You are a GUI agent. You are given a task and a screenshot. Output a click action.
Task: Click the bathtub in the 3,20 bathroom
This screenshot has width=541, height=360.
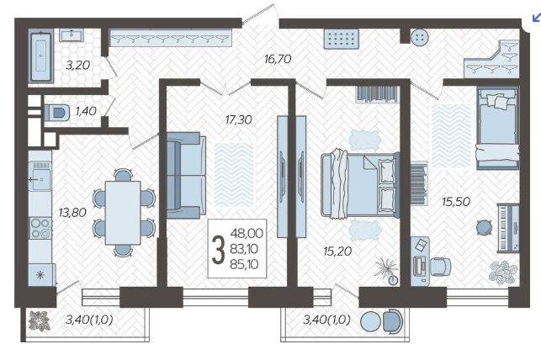tap(41, 57)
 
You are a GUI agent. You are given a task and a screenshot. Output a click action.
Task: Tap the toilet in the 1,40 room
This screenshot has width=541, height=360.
tap(56, 112)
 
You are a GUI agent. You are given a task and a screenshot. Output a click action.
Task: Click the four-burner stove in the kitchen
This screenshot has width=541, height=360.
tap(40, 228)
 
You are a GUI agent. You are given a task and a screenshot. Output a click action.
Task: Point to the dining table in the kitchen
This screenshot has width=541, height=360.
tap(123, 213)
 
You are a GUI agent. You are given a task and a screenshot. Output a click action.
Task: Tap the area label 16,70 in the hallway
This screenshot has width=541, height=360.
tap(278, 59)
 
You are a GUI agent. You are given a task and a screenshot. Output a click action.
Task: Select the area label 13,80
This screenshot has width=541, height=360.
tap(72, 213)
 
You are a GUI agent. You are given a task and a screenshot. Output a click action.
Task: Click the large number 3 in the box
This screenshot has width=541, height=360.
tap(218, 250)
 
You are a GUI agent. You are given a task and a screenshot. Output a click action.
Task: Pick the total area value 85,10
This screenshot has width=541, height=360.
tap(244, 264)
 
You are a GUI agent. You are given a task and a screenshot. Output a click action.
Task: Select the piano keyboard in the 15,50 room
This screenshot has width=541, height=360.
tap(508, 228)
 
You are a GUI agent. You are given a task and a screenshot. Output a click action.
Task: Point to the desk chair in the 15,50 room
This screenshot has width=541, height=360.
tap(440, 266)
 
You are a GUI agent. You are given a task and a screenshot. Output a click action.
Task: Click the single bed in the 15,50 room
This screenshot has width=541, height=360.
tap(497, 128)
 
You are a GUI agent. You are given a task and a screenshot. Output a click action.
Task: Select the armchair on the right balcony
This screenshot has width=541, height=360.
tap(392, 321)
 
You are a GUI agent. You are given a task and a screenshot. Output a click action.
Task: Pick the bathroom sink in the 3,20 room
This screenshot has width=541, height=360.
tap(72, 35)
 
